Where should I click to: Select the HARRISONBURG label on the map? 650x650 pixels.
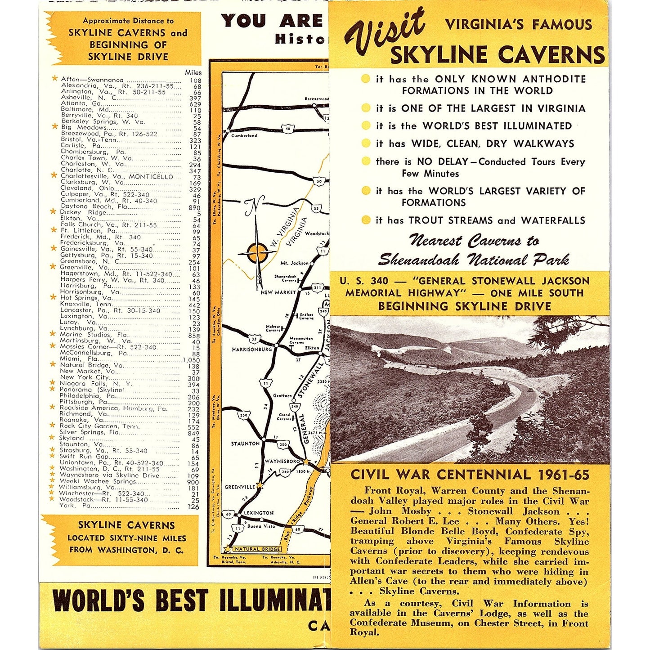coord(251,350)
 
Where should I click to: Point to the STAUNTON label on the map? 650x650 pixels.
coord(245,444)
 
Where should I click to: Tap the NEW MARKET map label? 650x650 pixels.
coord(278,292)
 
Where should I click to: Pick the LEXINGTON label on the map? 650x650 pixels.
coord(258,513)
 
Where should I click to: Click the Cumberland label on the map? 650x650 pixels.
coord(244,135)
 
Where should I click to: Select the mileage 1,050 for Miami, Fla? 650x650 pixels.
coord(191,360)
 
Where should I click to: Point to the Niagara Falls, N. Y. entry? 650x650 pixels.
coord(96,384)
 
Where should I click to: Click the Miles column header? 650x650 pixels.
coord(193,72)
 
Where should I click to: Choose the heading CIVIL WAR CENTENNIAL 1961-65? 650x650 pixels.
coord(470,475)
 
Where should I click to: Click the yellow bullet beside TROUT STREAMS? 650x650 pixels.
coord(366,220)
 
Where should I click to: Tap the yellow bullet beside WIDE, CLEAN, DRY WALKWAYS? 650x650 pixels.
coord(366,143)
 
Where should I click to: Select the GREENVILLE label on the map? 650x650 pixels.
coord(239,487)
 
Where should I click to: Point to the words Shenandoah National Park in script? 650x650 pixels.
coord(473,260)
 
